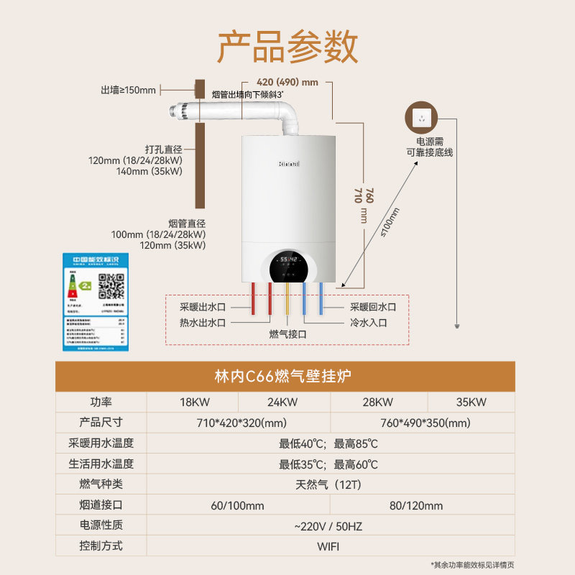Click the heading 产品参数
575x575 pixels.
pyautogui.click(x=287, y=47)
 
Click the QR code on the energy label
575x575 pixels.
pyautogui.click(x=111, y=286)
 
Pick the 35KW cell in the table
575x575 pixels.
pyautogui.click(x=471, y=402)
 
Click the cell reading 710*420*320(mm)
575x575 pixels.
pyautogui.click(x=238, y=423)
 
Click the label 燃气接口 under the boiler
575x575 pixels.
pyautogui.click(x=288, y=334)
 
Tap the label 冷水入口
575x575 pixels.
pyautogui.click(x=368, y=323)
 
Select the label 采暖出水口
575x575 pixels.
pyautogui.click(x=203, y=307)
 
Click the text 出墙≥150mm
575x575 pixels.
pyautogui.click(x=128, y=90)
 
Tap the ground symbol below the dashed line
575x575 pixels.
pyautogui.click(x=457, y=326)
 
